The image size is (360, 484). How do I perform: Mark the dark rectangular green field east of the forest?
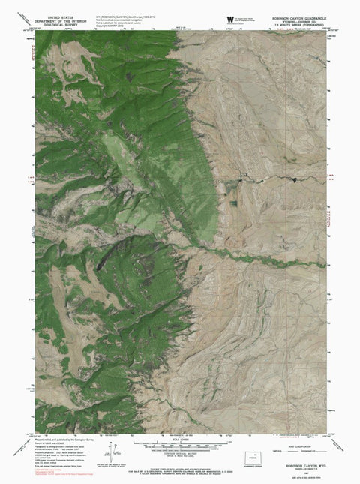pyautogui.click(x=232, y=202)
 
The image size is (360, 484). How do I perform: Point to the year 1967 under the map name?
pyautogui.click(x=304, y=455)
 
